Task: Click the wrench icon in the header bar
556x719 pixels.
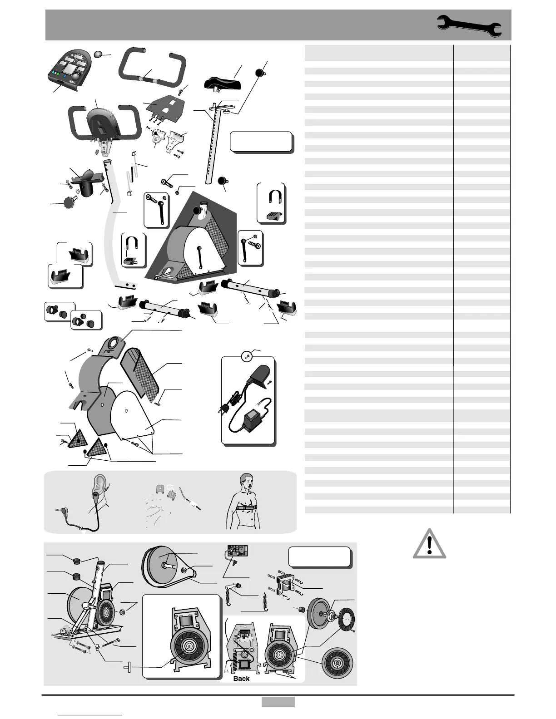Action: (470, 25)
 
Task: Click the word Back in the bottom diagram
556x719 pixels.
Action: (241, 678)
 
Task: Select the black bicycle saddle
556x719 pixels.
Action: (223, 83)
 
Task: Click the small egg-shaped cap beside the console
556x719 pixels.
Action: (99, 54)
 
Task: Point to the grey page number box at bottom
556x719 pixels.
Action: (278, 702)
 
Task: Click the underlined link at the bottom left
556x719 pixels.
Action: (90, 715)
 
